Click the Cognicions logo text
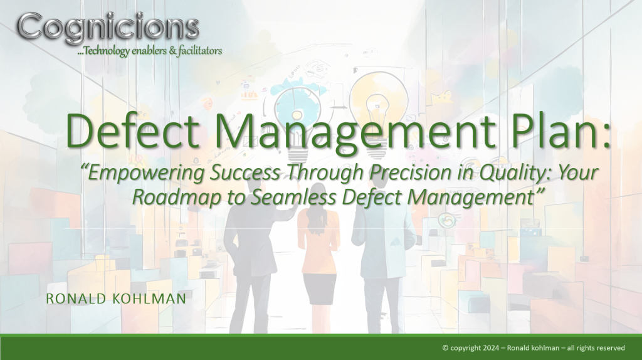tap(108, 27)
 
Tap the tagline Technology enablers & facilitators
tap(150, 51)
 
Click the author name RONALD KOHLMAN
tap(116, 299)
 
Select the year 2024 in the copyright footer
tap(491, 347)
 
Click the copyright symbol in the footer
tap(446, 347)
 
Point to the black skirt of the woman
tap(319, 289)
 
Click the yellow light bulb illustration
tap(378, 110)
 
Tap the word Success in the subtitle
tap(245, 173)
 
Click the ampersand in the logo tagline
tap(172, 51)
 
